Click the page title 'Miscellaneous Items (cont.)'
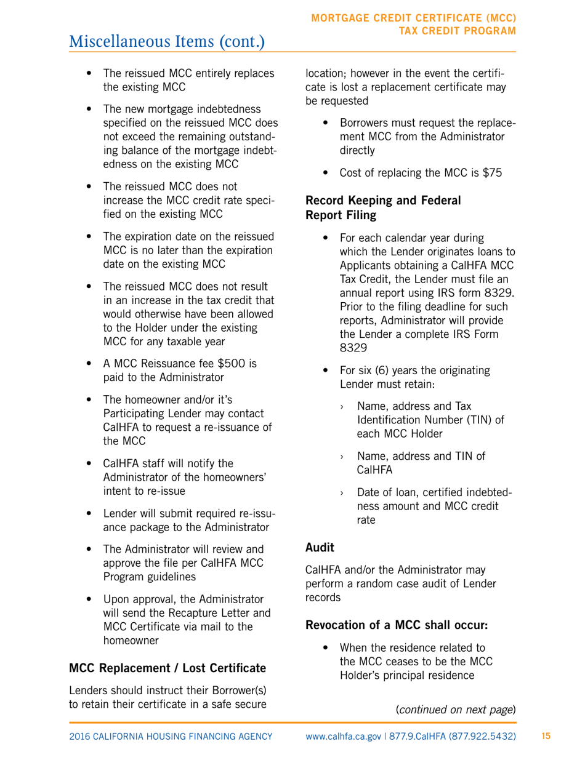point(167,41)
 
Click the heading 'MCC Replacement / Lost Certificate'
point(167,668)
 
